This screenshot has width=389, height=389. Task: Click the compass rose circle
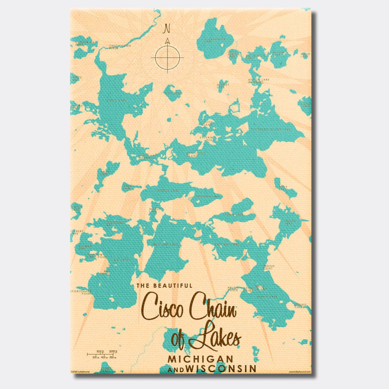[x=167, y=57]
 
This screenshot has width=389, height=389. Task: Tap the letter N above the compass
[x=167, y=28]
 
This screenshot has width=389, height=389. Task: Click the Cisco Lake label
[x=117, y=100]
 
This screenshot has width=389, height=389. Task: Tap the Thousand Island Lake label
[x=270, y=129]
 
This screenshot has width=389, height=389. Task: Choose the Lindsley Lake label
[x=167, y=190]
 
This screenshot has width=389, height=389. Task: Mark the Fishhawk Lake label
[x=207, y=196]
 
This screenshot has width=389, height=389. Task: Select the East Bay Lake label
[x=227, y=245]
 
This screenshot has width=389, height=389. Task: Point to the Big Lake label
[x=121, y=259]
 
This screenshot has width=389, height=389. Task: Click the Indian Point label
[x=268, y=267]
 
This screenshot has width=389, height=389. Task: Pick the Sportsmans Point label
[x=81, y=292]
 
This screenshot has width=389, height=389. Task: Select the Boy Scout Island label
[x=192, y=155]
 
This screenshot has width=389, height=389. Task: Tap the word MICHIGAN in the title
[x=200, y=359]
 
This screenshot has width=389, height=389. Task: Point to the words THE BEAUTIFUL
[x=164, y=286]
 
